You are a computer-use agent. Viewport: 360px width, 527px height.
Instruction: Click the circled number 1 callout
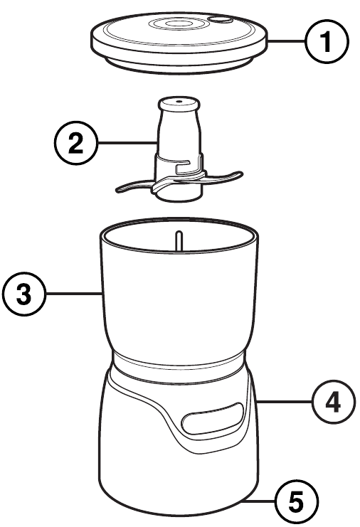pyautogui.click(x=327, y=42)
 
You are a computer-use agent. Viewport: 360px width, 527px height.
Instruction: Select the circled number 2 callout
pyautogui.click(x=76, y=143)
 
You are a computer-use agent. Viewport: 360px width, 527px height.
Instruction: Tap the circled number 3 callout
pyautogui.click(x=24, y=294)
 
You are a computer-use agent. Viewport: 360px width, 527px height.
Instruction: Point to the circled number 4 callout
pyautogui.click(x=334, y=402)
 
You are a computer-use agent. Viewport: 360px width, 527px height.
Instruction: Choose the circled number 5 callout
pyautogui.click(x=297, y=501)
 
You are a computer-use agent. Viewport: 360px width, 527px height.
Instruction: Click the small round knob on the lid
pyautogui.click(x=221, y=20)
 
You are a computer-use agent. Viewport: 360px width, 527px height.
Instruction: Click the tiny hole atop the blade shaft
pyautogui.click(x=179, y=101)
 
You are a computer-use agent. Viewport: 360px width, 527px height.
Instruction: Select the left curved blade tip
pyautogui.click(x=121, y=189)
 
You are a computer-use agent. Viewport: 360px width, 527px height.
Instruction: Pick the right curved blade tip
pyautogui.click(x=236, y=175)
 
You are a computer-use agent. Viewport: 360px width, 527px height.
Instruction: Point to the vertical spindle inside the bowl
pyautogui.click(x=179, y=240)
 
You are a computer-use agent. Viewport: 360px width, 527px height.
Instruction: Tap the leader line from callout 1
pyautogui.click(x=287, y=41)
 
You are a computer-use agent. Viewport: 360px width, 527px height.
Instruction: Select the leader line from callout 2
pyautogui.click(x=127, y=143)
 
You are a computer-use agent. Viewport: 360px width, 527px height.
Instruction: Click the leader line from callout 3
pyautogui.click(x=74, y=294)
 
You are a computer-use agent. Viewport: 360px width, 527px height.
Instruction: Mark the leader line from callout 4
pyautogui.click(x=284, y=401)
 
